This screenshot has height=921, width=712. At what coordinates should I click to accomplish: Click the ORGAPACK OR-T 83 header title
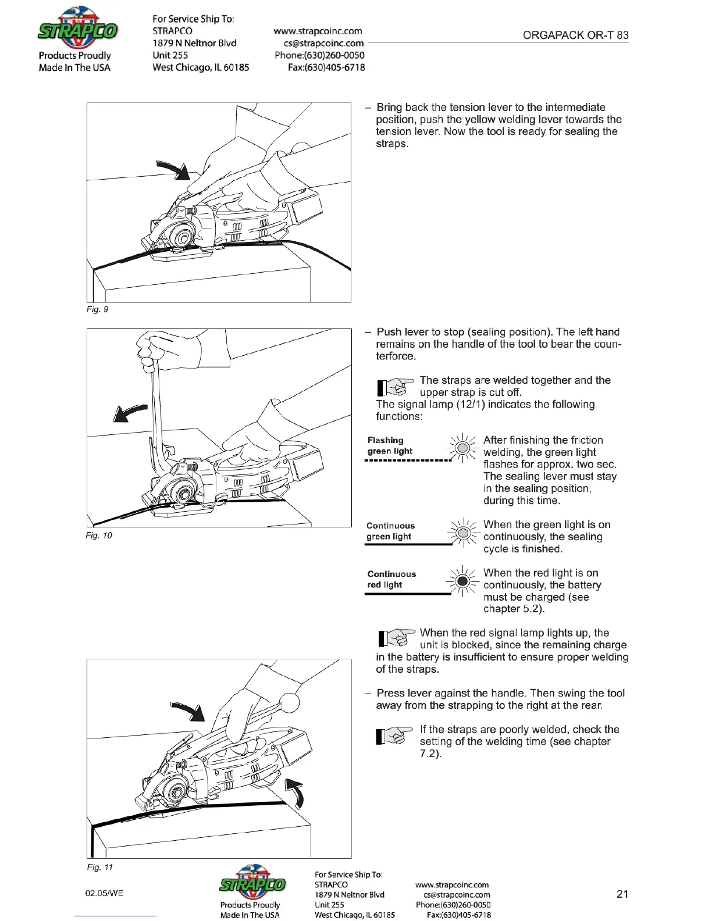click(575, 35)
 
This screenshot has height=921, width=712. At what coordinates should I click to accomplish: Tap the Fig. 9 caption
click(97, 309)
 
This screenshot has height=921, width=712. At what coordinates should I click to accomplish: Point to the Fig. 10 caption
click(99, 536)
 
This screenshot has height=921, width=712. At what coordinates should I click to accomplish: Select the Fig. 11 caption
click(99, 868)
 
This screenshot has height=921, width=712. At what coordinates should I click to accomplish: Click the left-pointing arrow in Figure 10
click(129, 412)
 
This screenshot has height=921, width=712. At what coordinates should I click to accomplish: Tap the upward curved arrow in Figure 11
click(295, 793)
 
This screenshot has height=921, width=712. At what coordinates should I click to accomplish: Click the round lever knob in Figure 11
click(290, 702)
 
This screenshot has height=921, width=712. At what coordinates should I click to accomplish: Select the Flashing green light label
click(389, 445)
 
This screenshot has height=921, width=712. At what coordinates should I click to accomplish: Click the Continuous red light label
click(391, 579)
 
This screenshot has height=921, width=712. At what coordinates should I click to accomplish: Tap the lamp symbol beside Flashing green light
click(462, 448)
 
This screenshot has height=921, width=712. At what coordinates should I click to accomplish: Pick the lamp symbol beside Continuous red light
click(462, 581)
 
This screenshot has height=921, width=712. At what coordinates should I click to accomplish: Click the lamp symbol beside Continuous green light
click(462, 533)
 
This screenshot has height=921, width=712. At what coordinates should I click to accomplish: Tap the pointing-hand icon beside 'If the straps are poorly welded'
click(394, 736)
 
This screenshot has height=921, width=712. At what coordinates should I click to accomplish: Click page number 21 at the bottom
click(622, 894)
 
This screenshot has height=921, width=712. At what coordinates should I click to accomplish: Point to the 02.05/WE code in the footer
click(104, 893)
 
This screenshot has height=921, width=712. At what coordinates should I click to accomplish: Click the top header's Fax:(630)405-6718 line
click(326, 67)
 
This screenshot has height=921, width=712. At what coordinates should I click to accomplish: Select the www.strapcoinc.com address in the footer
click(452, 885)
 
